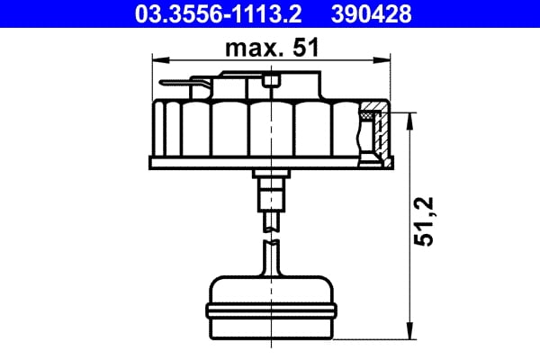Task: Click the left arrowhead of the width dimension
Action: pos(158,61)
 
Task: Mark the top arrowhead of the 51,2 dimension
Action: pos(412,118)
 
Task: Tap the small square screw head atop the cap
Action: pos(271,83)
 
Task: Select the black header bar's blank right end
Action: pos(486,13)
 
